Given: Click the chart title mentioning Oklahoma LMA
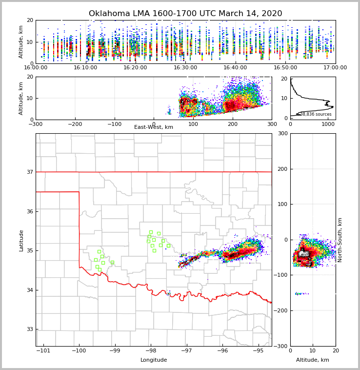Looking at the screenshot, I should pyautogui.click(x=185, y=14).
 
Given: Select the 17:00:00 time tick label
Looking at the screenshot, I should pyautogui.click(x=335, y=67).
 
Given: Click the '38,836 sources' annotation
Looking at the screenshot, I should pyautogui.click(x=316, y=114).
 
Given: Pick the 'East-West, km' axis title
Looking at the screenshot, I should pyautogui.click(x=154, y=127).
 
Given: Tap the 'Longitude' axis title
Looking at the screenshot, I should pyautogui.click(x=154, y=360).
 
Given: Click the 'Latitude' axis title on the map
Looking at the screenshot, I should pyautogui.click(x=21, y=240).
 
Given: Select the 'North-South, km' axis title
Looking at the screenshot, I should pyautogui.click(x=340, y=240).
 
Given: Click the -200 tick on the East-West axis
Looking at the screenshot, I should pyautogui.click(x=75, y=124).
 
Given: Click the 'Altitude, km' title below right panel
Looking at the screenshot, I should pyautogui.click(x=313, y=360).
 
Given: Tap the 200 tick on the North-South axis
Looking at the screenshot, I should pyautogui.click(x=282, y=169).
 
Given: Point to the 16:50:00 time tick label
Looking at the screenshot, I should pyautogui.click(x=285, y=67).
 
